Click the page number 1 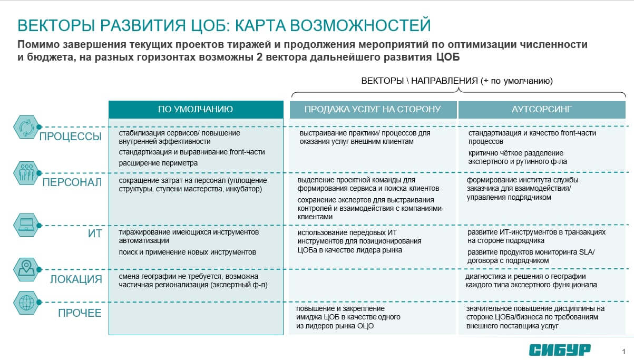(x=623, y=352)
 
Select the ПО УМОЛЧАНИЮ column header (x=196, y=110)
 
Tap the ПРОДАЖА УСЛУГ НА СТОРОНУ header (x=372, y=110)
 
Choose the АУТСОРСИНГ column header (x=542, y=110)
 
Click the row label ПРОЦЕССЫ (x=71, y=137)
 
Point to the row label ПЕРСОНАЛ (x=72, y=183)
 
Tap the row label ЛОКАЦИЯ (x=76, y=279)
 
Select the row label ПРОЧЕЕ (x=80, y=313)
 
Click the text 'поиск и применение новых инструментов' (x=188, y=252)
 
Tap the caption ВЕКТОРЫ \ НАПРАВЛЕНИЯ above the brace (x=420, y=81)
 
